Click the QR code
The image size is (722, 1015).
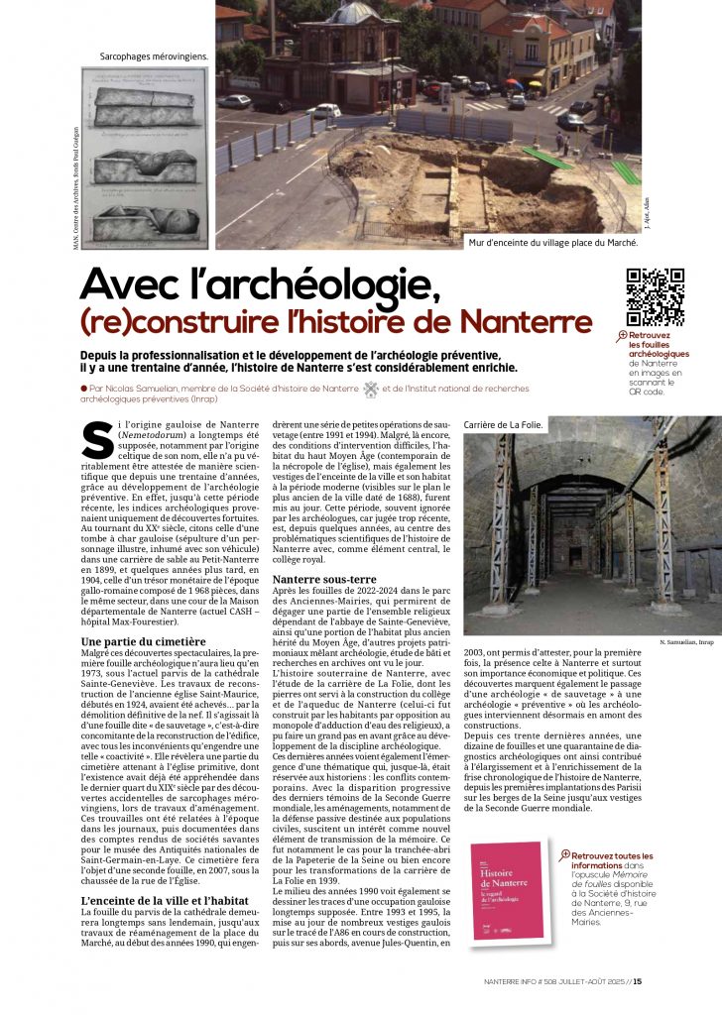pyautogui.click(x=655, y=297)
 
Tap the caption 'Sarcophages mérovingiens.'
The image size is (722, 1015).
pyautogui.click(x=154, y=57)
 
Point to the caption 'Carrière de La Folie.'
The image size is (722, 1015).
pyautogui.click(x=504, y=425)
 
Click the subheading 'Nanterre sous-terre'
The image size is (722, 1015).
pyautogui.click(x=323, y=578)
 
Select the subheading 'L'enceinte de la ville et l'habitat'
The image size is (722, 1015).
pyautogui.click(x=165, y=901)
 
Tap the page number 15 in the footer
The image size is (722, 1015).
pyautogui.click(x=638, y=982)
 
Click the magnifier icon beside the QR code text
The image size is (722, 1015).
pyautogui.click(x=621, y=336)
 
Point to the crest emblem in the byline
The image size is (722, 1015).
pyautogui.click(x=371, y=390)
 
